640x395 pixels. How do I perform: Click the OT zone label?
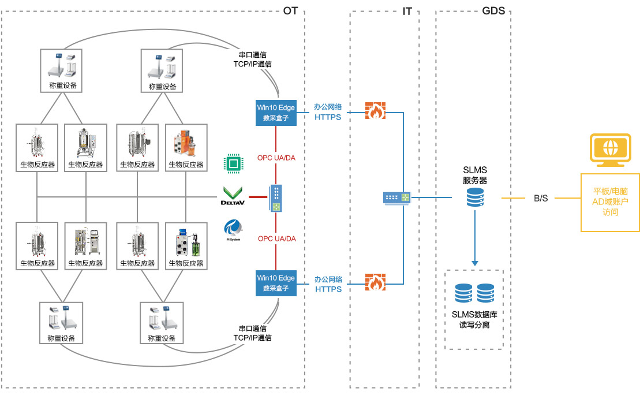coord(290,11)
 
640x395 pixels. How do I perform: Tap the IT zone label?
coord(407,11)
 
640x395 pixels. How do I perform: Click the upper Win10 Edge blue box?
coord(276,113)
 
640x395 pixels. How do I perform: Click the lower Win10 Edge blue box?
coord(276,283)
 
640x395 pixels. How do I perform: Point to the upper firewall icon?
coord(375,110)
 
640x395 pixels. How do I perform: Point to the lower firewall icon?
coord(375,282)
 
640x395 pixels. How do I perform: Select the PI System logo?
coord(233,229)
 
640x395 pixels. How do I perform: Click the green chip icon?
coord(233,164)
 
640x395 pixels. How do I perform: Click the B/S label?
coord(541,198)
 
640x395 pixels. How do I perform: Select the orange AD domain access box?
coord(610,202)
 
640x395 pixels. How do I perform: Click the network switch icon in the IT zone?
coord(396,197)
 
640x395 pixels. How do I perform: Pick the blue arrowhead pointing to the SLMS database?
coord(475,263)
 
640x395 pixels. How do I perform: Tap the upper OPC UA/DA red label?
coord(276,157)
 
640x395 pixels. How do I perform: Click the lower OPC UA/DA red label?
coord(276,239)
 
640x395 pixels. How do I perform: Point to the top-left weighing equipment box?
coord(61,70)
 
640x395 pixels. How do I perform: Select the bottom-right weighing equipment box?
coord(162,322)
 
